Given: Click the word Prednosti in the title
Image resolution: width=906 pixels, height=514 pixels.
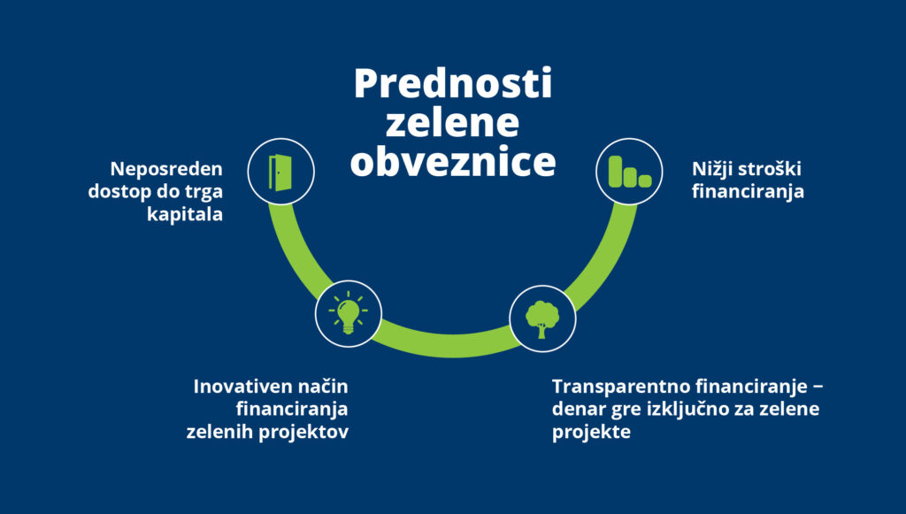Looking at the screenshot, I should click(453, 85).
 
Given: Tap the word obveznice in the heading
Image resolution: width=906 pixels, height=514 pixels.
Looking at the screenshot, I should click(453, 163).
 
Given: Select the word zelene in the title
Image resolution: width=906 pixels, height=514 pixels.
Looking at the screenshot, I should click(453, 124).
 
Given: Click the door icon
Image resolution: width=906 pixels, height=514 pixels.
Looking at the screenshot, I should click(280, 172).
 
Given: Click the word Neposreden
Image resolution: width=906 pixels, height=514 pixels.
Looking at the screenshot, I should click(166, 168).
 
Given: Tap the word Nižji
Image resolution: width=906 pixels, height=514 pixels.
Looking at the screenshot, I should click(713, 168).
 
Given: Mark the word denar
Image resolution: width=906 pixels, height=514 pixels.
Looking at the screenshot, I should click(579, 410).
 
